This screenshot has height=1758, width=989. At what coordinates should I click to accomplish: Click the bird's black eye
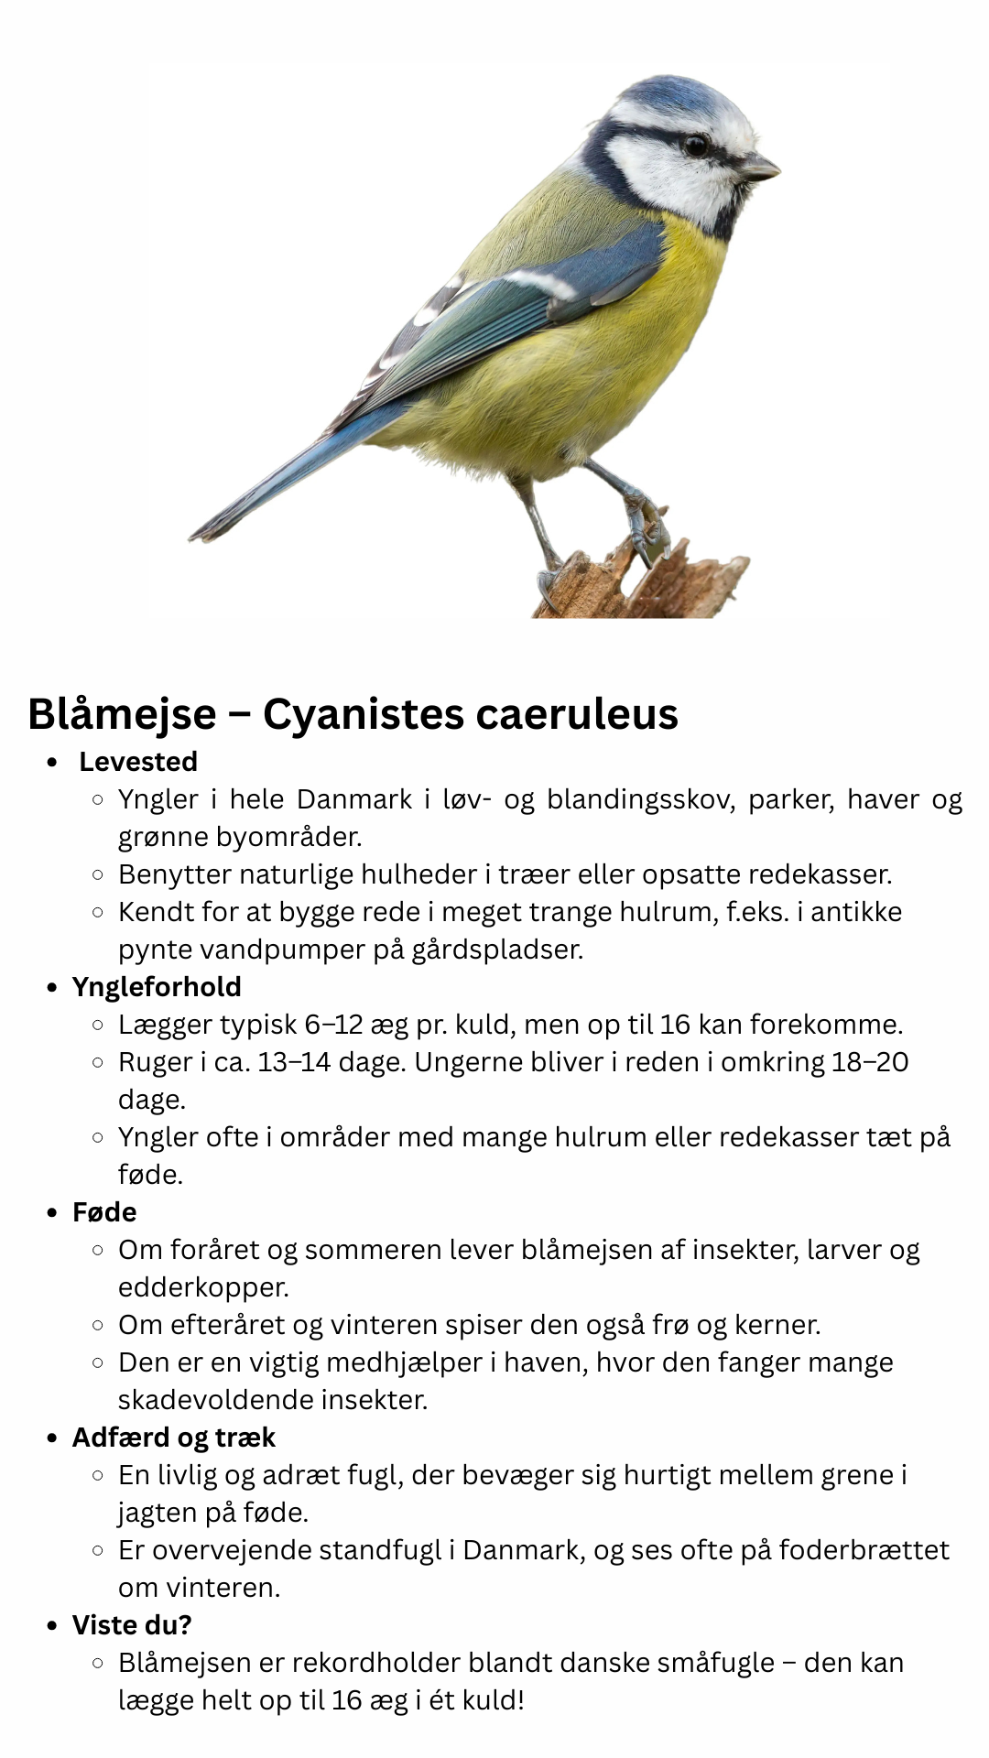pyautogui.click(x=695, y=146)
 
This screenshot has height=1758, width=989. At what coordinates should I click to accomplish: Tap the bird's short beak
pyautogui.click(x=760, y=167)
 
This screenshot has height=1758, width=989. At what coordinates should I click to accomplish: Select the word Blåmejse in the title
pyautogui.click(x=122, y=714)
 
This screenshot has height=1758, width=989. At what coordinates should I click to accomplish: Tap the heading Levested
pyautogui.click(x=138, y=762)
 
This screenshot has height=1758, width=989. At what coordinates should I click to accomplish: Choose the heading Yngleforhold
pyautogui.click(x=157, y=987)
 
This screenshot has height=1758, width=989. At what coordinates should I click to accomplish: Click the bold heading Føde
pyautogui.click(x=104, y=1212)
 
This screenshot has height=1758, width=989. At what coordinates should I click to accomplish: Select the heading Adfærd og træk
pyautogui.click(x=173, y=1438)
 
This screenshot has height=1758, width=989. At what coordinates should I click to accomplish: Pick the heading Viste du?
pyautogui.click(x=132, y=1625)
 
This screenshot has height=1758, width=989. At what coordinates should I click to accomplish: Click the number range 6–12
pyautogui.click(x=334, y=1025)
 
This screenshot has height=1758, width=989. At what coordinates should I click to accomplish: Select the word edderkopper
pyautogui.click(x=203, y=1287)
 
